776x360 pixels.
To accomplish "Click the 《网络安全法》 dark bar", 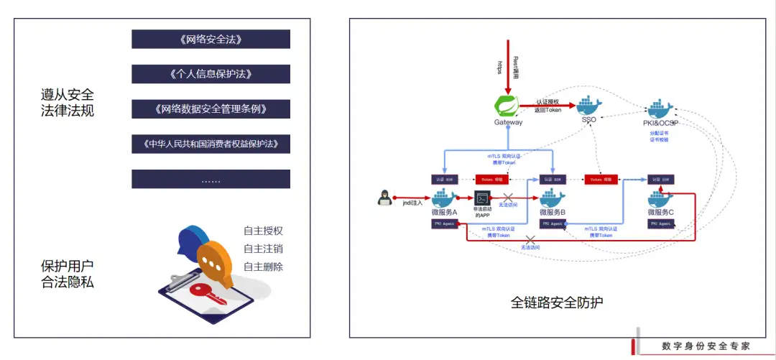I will pyautogui.click(x=211, y=39).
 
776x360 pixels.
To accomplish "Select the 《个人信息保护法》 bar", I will pyautogui.click(x=211, y=74).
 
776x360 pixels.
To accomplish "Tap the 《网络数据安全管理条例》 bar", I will pyautogui.click(x=211, y=109).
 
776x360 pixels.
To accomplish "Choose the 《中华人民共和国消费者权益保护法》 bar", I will pyautogui.click(x=211, y=144).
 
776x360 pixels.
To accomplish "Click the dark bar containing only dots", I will pyautogui.click(x=211, y=179).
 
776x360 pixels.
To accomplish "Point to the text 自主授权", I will pyautogui.click(x=263, y=231).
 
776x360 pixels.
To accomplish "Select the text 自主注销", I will pyautogui.click(x=263, y=249).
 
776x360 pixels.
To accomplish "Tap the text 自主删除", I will pyautogui.click(x=263, y=267).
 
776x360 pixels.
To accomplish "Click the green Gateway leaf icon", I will pyautogui.click(x=508, y=105).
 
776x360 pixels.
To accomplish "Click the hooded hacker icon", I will pyautogui.click(x=384, y=200).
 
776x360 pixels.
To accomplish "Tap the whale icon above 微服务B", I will pyautogui.click(x=552, y=198).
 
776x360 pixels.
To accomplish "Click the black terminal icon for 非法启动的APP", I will pyautogui.click(x=483, y=198).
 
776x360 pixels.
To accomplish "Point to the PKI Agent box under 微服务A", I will pyautogui.click(x=444, y=224).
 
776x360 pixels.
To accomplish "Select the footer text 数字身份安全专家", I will pyautogui.click(x=706, y=346).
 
